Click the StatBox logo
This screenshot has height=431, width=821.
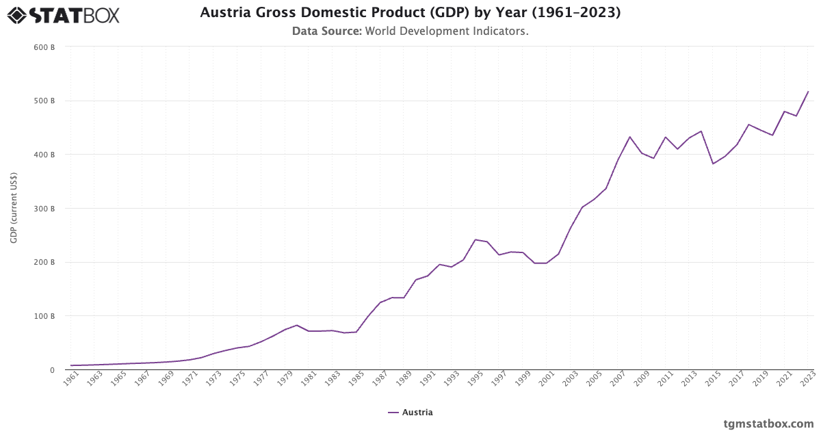64,15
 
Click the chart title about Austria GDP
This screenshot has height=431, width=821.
410,13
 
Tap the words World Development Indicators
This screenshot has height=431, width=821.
447,31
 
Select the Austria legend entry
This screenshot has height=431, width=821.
410,413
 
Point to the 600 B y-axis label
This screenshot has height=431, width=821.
44,47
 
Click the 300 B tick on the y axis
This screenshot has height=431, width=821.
44,209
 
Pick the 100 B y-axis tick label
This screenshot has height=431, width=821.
44,316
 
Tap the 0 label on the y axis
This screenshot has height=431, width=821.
51,370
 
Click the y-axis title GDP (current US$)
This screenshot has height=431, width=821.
14,208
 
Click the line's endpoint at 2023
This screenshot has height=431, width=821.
808,92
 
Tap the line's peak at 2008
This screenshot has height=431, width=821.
630,137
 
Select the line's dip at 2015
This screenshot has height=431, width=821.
713,164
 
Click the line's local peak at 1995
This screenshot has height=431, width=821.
475,239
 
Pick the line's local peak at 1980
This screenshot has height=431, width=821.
297,325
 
